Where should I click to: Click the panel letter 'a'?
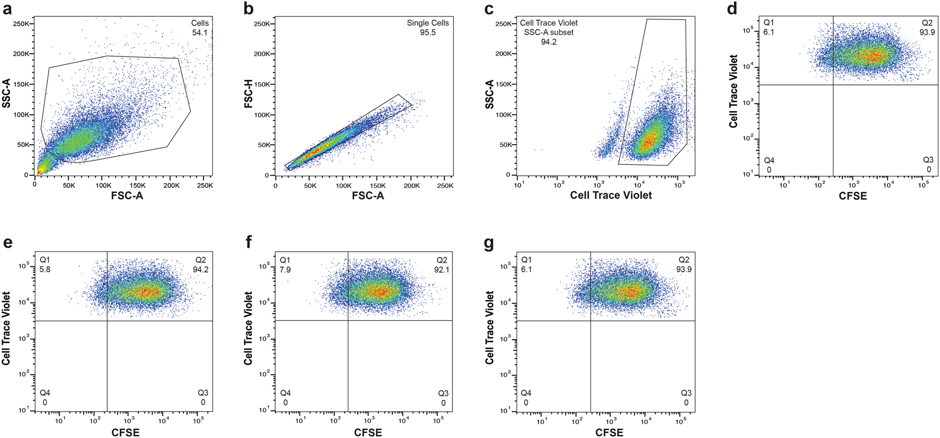pyautogui.click(x=7, y=9)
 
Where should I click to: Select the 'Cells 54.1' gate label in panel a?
pyautogui.click(x=200, y=28)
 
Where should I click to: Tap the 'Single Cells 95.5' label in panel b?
pyautogui.click(x=428, y=28)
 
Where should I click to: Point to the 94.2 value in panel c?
pyautogui.click(x=548, y=42)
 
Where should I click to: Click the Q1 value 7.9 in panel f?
pyautogui.click(x=285, y=270)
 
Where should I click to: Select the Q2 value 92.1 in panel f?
pyautogui.click(x=441, y=270)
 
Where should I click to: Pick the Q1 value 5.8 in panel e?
pyautogui.click(x=45, y=270)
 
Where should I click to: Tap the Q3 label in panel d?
pyautogui.click(x=928, y=160)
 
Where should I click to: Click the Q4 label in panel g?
pyautogui.click(x=526, y=393)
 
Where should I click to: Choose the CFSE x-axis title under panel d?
pyautogui.click(x=852, y=196)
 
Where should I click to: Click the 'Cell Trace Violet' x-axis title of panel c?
pyautogui.click(x=611, y=195)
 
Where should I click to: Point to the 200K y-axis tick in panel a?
pyautogui.click(x=20, y=54)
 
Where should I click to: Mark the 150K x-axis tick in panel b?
pyautogui.click(x=377, y=186)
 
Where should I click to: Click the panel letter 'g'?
pyautogui.click(x=489, y=243)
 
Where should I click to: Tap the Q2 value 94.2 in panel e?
pyautogui.click(x=200, y=270)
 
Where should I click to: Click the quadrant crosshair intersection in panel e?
pyautogui.click(x=107, y=321)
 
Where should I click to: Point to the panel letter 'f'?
pyautogui.click(x=249, y=243)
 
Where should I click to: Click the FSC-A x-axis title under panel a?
pyautogui.click(x=127, y=196)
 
